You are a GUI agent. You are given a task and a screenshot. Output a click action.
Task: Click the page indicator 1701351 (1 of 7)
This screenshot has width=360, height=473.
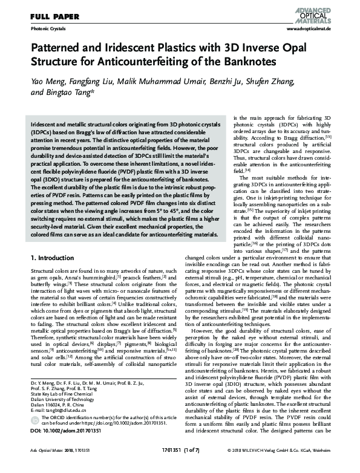coord(180,467)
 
